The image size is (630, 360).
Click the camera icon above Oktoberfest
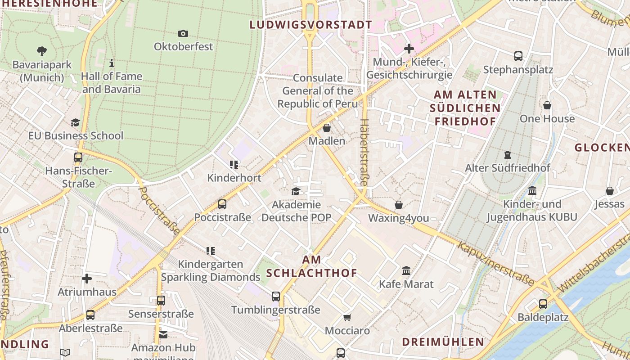(x=183, y=33)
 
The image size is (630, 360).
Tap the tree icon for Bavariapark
(x=42, y=51)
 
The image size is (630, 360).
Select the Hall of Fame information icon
(x=112, y=63)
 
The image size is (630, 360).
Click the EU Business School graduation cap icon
(x=75, y=122)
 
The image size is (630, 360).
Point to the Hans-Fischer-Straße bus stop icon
(x=78, y=157)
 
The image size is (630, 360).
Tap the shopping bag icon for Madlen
(x=327, y=128)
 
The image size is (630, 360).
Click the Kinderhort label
(x=234, y=178)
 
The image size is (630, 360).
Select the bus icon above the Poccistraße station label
(x=222, y=204)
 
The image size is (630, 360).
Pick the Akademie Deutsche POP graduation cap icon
(x=296, y=192)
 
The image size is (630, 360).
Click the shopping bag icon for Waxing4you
(x=399, y=205)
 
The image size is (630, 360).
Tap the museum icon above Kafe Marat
(x=406, y=271)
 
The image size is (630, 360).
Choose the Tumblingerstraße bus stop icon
(x=276, y=297)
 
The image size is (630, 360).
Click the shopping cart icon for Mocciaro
(x=347, y=318)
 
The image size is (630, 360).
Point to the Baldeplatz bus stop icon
(x=543, y=304)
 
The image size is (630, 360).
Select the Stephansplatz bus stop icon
(x=518, y=56)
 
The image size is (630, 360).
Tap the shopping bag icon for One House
(x=547, y=105)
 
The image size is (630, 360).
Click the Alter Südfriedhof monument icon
(x=508, y=155)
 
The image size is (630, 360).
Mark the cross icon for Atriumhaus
(x=87, y=279)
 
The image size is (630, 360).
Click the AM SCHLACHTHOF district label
(x=312, y=266)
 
